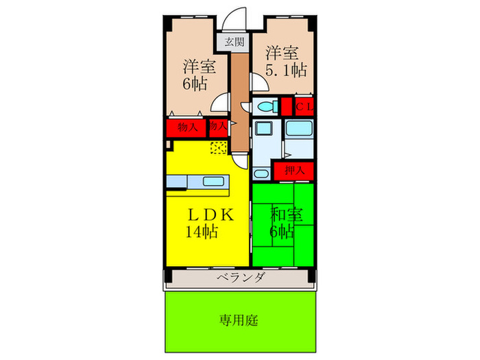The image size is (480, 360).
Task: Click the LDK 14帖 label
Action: click(203, 223)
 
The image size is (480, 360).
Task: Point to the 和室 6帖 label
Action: click(283, 223)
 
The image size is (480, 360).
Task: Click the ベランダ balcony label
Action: click(239, 278)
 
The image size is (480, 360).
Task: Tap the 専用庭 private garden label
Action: click(239, 320)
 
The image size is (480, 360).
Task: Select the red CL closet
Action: click(304, 107)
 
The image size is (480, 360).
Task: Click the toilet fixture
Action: click(263, 106)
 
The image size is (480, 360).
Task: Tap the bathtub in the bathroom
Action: click(299, 128)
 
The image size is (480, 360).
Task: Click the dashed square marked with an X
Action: click(218, 147)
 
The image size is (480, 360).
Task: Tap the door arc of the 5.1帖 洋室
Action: click(259, 84)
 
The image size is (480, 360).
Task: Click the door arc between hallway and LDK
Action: click(239, 159)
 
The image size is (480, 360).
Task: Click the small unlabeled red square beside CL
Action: click(286, 107)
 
